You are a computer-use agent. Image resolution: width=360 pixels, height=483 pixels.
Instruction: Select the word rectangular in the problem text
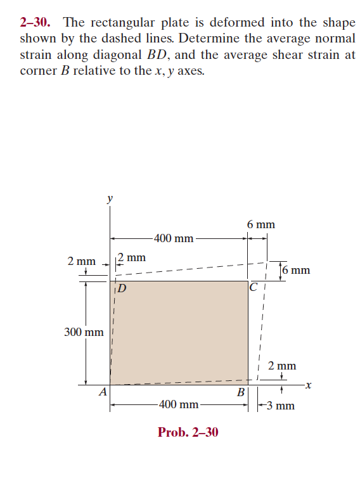coord(120,23)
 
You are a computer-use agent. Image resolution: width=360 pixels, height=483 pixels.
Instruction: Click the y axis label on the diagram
coord(110,198)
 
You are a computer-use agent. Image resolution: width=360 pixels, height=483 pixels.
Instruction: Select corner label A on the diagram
coord(102,392)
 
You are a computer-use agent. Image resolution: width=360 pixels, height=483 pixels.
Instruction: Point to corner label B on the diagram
coord(240,392)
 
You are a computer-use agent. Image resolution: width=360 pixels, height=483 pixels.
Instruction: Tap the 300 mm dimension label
coord(84,332)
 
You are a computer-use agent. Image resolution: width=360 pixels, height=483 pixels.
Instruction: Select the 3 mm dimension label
coord(280,405)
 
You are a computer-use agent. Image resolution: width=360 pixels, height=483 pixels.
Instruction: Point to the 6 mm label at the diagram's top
coord(260,224)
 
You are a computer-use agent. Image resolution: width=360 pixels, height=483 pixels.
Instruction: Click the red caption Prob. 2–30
coord(188,432)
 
